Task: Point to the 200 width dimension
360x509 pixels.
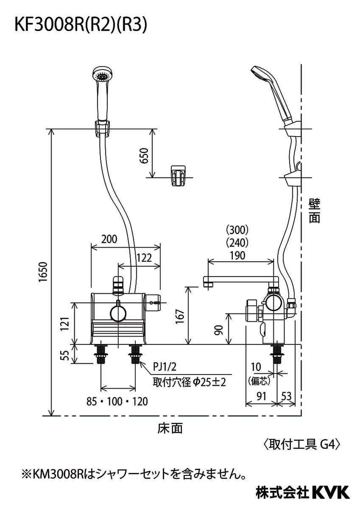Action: click(109, 239)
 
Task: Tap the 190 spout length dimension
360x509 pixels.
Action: click(237, 255)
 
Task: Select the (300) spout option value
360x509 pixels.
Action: click(237, 230)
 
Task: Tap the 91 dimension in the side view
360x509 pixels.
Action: click(261, 396)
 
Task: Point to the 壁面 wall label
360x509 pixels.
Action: click(314, 211)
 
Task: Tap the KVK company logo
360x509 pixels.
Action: click(330, 492)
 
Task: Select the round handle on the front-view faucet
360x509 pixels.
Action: click(118, 313)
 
